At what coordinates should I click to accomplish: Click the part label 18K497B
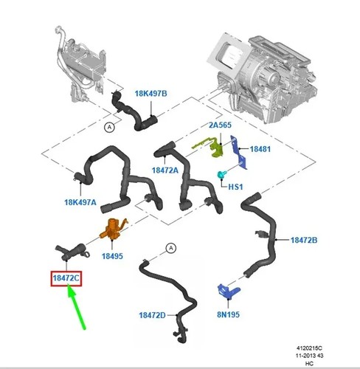point(150,94)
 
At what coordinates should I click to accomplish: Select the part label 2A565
point(220,125)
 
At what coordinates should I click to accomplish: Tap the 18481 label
point(260,149)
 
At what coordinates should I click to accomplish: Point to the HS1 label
point(235,187)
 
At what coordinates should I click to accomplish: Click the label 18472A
point(165,170)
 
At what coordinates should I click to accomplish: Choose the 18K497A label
point(80,202)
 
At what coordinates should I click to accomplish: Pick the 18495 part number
point(112,256)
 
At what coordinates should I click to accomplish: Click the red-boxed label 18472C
point(66,278)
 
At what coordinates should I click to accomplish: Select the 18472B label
point(304,240)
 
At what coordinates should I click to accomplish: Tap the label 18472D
point(152,315)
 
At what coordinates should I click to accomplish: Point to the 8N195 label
point(228,314)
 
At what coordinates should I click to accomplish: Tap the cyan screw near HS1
point(221,175)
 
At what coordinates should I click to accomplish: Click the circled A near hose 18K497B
point(109,127)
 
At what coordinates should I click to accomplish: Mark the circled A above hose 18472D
point(171,248)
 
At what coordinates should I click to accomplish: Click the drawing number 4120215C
point(309,348)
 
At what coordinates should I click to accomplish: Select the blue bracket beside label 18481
point(238,153)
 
